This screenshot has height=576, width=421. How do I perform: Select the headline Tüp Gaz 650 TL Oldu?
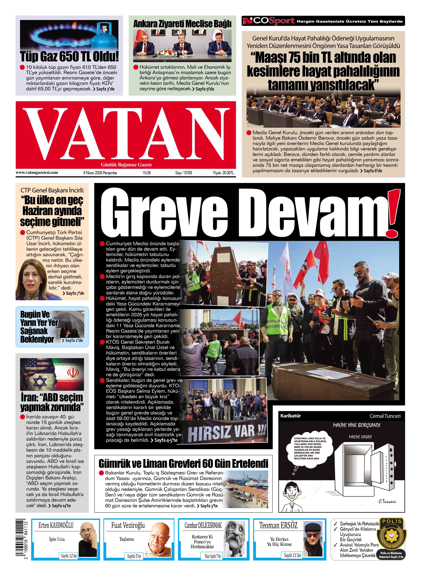coord(69,57)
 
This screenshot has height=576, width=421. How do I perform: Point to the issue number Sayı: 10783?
coord(184,173)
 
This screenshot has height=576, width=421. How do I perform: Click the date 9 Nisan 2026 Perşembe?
coord(100,173)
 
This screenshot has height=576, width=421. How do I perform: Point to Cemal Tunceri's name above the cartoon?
coord(385,416)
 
